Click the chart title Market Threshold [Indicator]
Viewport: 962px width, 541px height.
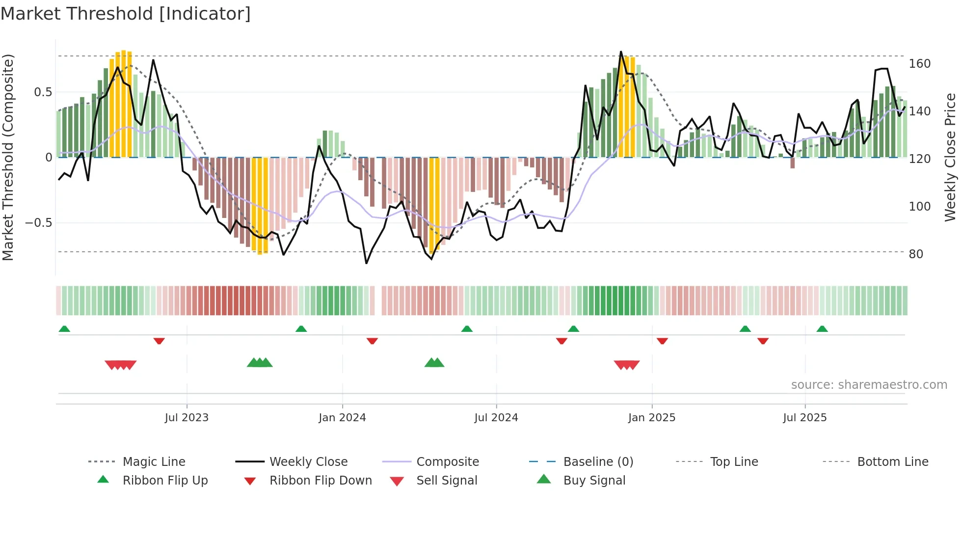(x=126, y=14)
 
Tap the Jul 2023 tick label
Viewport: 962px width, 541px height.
(x=187, y=418)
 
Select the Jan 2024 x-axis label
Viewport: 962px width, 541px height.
(x=342, y=418)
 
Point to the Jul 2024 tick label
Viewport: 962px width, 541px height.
(x=496, y=418)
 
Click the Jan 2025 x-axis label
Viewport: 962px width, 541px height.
(x=652, y=418)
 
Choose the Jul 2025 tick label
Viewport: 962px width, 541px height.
(x=805, y=418)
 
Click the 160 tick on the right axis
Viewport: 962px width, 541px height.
(x=919, y=64)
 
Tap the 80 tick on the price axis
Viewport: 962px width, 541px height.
(x=916, y=254)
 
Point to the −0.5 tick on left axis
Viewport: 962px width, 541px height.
(x=39, y=223)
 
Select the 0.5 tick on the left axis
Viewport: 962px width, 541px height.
(x=43, y=92)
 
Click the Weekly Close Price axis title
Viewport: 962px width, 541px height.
(x=950, y=157)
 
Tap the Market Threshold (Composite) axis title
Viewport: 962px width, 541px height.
(x=8, y=157)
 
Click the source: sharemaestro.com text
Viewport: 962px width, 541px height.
(x=869, y=385)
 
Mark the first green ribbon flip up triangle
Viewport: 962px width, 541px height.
(x=64, y=329)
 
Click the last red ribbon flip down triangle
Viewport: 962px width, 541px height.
(x=763, y=341)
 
